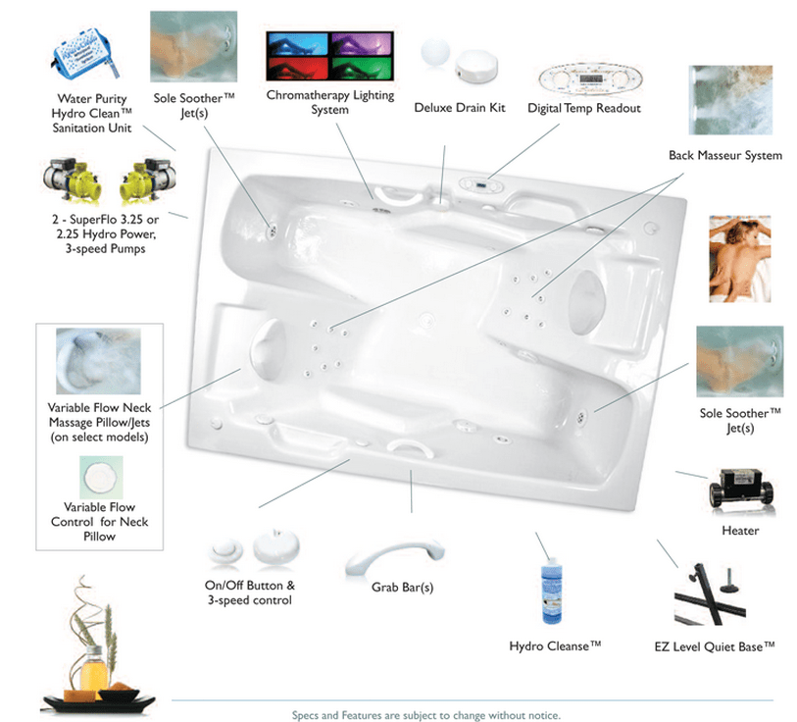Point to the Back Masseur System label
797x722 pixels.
click(x=724, y=155)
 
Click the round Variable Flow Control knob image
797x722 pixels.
click(x=98, y=478)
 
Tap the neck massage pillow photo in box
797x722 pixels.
click(x=98, y=359)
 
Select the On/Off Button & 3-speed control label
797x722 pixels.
click(x=249, y=593)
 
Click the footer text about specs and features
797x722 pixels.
click(x=425, y=715)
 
